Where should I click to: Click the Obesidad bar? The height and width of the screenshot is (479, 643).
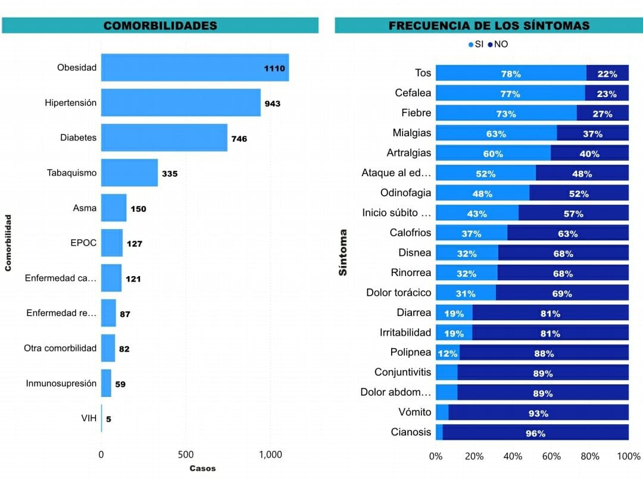pos(195,67)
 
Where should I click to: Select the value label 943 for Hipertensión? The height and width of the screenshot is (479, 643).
pos(273,104)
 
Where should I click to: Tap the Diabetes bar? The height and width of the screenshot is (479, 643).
pos(164,137)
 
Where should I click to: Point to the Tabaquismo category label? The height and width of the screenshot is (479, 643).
pos(71,173)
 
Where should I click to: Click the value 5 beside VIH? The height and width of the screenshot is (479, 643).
pos(108,419)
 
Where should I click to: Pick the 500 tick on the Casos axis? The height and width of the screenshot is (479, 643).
pos(185,455)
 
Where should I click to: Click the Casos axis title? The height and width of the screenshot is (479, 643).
pos(202,468)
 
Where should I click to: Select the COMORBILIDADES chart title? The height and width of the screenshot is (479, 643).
pos(160,26)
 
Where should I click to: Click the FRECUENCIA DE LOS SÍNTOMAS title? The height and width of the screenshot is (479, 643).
pos(489,26)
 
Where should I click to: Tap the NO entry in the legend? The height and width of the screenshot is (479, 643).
pos(498,44)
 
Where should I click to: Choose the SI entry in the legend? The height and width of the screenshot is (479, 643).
pos(476,44)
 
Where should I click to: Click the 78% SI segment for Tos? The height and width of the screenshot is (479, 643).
pos(511,73)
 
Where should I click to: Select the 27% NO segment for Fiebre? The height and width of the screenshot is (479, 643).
pos(603,113)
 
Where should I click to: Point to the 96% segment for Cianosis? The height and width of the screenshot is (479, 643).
pos(535,433)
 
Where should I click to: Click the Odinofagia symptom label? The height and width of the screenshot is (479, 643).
pos(405,193)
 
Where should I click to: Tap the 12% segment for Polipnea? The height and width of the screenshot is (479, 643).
pos(447,353)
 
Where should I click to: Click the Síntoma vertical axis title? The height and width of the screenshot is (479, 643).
pos(343,252)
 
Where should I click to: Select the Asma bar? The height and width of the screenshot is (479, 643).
pos(114,208)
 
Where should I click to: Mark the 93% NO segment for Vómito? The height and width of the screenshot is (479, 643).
pos(538,412)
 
